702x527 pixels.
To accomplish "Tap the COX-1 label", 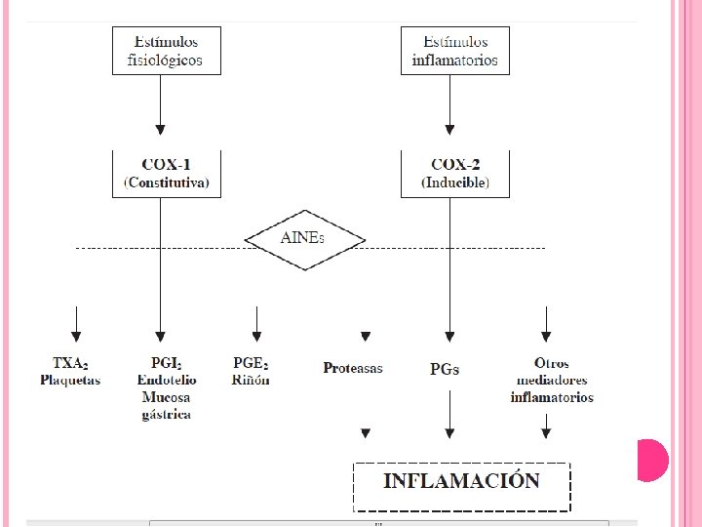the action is (x=167, y=165).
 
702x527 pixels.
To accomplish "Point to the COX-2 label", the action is (x=455, y=165).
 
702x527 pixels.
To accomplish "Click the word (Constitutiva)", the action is (x=167, y=182).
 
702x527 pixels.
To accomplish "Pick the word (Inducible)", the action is (x=455, y=182).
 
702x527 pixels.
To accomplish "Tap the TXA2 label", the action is (x=70, y=362).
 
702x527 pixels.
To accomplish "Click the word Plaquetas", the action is (x=70, y=380).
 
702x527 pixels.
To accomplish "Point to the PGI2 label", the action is (x=166, y=362).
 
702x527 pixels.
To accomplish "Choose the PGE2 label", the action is (x=251, y=362).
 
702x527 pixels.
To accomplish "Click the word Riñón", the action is (x=251, y=380).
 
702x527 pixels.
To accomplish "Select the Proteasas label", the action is (x=353, y=368).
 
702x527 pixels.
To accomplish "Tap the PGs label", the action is (x=445, y=369).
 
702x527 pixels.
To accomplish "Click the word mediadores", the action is (x=552, y=380).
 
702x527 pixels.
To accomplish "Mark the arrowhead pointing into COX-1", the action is (x=160, y=130).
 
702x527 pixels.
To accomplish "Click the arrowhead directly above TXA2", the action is (x=76, y=336).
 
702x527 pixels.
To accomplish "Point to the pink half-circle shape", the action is (x=652, y=461).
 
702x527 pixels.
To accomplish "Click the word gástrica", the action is (x=166, y=415).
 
